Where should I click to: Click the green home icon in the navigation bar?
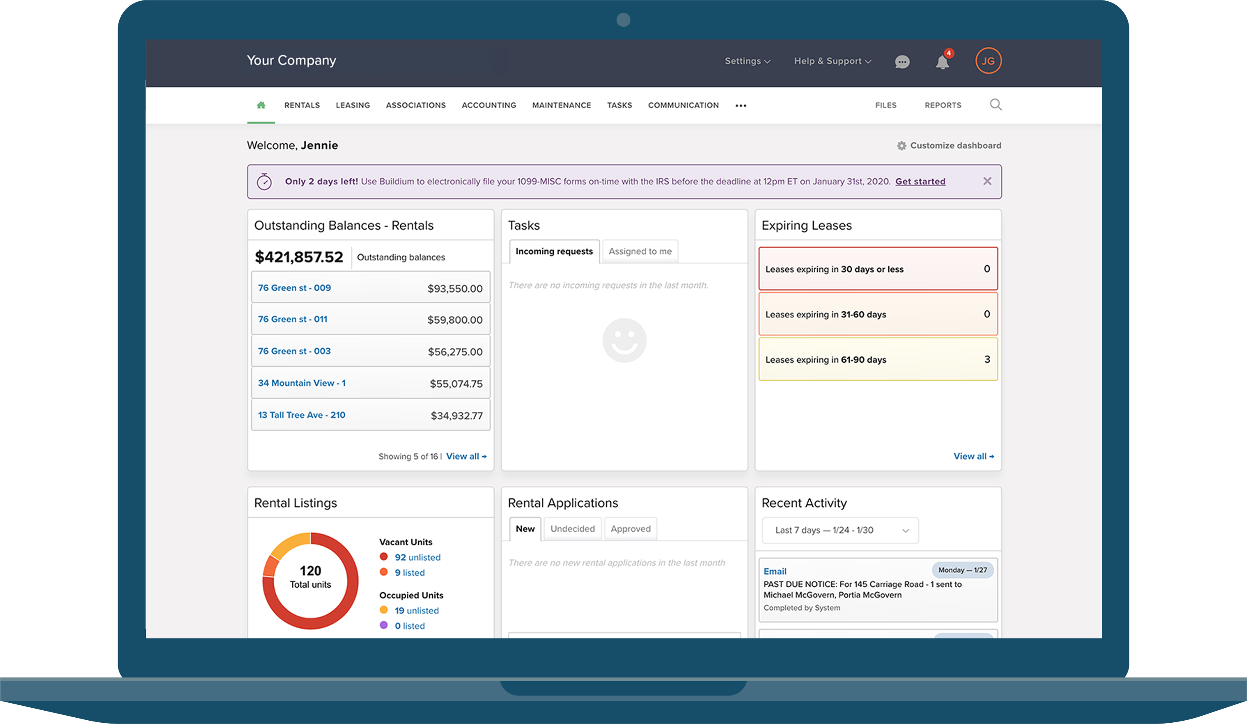click(261, 105)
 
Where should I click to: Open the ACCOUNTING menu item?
click(488, 105)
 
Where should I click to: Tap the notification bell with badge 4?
click(942, 62)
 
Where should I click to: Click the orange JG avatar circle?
click(988, 61)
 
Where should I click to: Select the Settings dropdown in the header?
click(747, 61)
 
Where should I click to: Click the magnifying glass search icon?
click(996, 104)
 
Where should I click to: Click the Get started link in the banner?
click(920, 181)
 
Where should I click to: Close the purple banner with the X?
click(987, 181)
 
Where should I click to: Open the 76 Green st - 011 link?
click(293, 319)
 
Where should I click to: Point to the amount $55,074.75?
click(456, 384)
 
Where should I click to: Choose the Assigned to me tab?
click(640, 251)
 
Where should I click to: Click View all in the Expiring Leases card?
click(973, 456)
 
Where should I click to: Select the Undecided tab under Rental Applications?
click(573, 529)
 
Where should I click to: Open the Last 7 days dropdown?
click(840, 530)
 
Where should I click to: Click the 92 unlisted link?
click(417, 557)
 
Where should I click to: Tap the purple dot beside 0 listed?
click(384, 625)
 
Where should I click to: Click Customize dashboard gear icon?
click(902, 145)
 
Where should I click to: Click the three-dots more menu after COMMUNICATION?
click(740, 106)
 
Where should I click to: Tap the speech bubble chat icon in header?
click(902, 62)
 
